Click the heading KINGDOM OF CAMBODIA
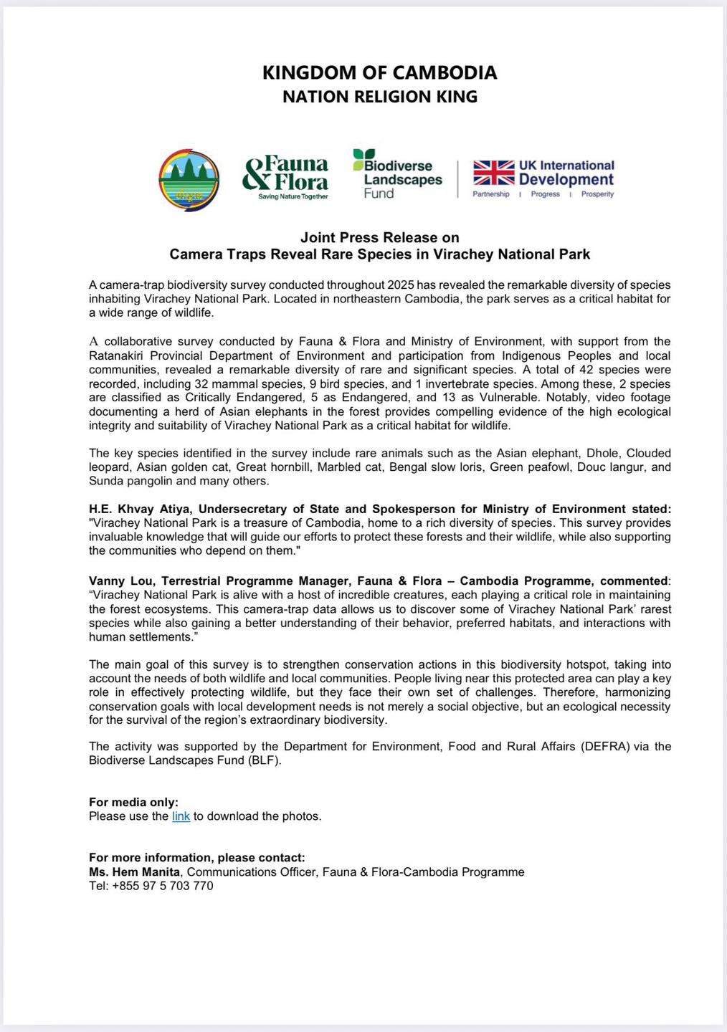pyautogui.click(x=379, y=72)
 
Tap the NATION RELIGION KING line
pyautogui.click(x=379, y=97)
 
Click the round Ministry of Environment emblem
pyautogui.click(x=189, y=180)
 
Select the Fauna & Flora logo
pyautogui.click(x=286, y=177)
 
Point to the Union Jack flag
pyautogui.click(x=493, y=173)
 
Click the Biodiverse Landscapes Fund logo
pyautogui.click(x=398, y=174)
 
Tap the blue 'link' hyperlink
pyautogui.click(x=181, y=816)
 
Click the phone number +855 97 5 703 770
pyautogui.click(x=163, y=886)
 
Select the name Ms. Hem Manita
pyautogui.click(x=134, y=872)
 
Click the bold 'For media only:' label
pyautogui.click(x=133, y=802)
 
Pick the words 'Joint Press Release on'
pyautogui.click(x=379, y=237)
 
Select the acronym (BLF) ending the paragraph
pyautogui.click(x=265, y=760)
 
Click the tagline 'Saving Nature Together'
pyautogui.click(x=293, y=196)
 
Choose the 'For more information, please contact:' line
pyautogui.click(x=196, y=858)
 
